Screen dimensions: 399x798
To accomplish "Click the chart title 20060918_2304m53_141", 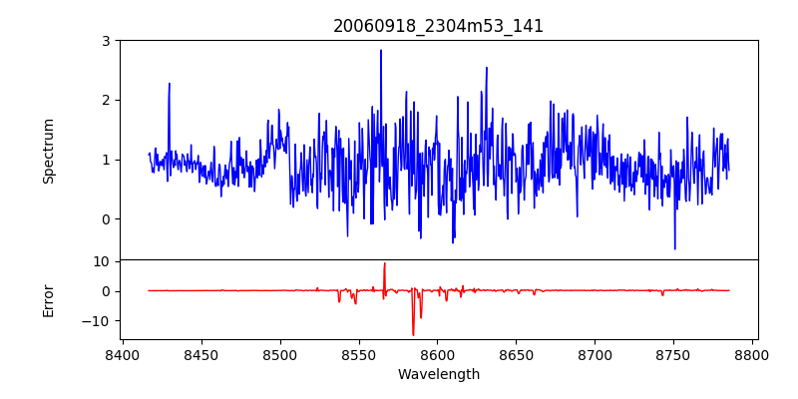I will (x=438, y=26).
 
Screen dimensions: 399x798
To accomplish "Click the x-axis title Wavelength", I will (x=438, y=375).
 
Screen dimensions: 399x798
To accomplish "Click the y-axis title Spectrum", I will (x=49, y=151).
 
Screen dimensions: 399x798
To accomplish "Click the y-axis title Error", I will (x=49, y=300).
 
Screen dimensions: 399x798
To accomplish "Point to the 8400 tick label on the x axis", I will (x=122, y=354).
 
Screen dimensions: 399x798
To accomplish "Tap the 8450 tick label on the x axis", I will (x=200, y=354).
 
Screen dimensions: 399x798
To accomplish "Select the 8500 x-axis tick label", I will (x=279, y=354).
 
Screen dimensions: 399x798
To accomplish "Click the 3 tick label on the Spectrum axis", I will (x=105, y=41).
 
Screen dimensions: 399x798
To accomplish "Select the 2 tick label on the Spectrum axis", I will (x=105, y=100).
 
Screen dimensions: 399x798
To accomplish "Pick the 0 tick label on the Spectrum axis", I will (x=105, y=219).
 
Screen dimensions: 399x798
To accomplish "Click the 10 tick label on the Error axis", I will (x=101, y=261).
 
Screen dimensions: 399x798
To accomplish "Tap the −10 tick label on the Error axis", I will (x=97, y=321).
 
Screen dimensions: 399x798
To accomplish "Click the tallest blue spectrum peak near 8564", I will (x=381, y=51).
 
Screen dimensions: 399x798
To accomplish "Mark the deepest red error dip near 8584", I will (x=413, y=335).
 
